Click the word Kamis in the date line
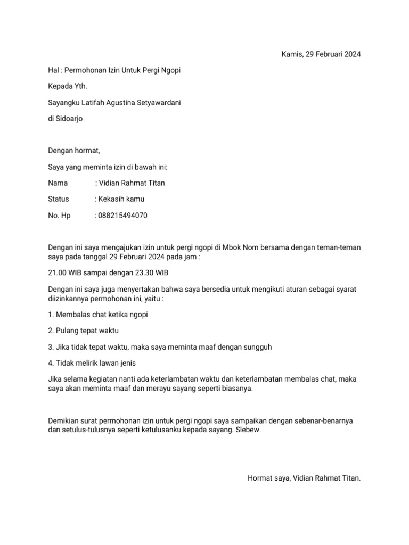click(291, 54)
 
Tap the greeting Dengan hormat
click(74, 151)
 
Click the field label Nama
click(58, 183)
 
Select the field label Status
click(59, 199)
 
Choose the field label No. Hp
click(59, 216)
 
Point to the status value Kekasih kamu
click(121, 199)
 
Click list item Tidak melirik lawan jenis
click(92, 363)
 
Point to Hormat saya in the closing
click(268, 478)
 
